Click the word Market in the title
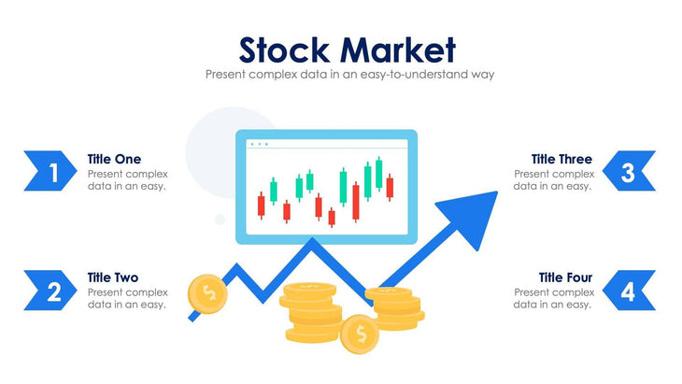tap(397, 49)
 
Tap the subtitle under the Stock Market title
tap(349, 74)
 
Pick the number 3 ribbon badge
tap(629, 172)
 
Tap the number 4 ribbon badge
tap(629, 291)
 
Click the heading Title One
tap(114, 159)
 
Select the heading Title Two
tap(113, 277)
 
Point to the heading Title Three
tap(561, 159)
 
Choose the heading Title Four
tap(564, 277)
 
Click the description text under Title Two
tap(127, 298)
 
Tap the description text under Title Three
tap(552, 179)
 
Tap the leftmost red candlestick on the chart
tap(262, 206)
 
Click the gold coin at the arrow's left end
tap(206, 293)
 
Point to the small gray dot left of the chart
tap(220, 220)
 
